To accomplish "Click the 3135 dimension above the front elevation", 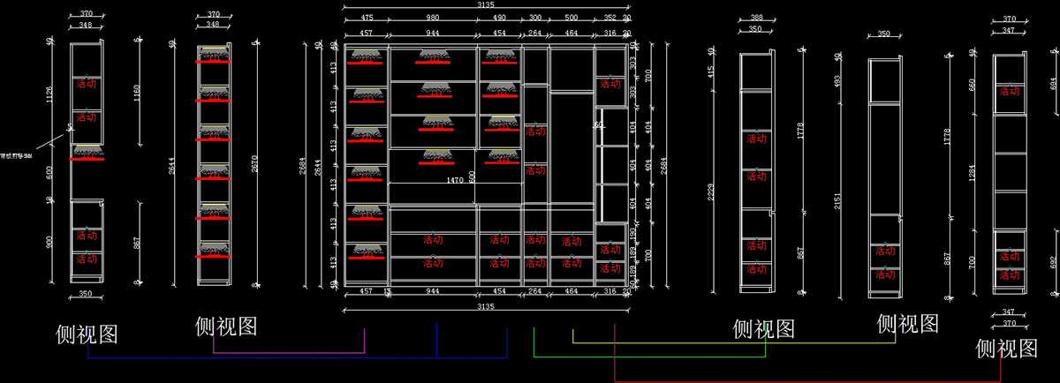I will pyautogui.click(x=486, y=4).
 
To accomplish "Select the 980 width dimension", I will pyautogui.click(x=433, y=17).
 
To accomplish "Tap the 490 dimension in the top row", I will pyautogui.click(x=499, y=17).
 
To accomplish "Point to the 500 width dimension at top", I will pyautogui.click(x=571, y=17).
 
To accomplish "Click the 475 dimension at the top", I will pyautogui.click(x=367, y=17).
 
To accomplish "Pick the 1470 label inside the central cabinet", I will pyautogui.click(x=455, y=180).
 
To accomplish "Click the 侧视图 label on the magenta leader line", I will pyautogui.click(x=226, y=327).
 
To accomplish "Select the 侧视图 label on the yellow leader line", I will pyautogui.click(x=907, y=324).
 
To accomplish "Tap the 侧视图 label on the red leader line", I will pyautogui.click(x=1006, y=349).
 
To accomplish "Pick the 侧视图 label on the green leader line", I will pyautogui.click(x=764, y=329).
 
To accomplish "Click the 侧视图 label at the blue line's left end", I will pyautogui.click(x=87, y=334).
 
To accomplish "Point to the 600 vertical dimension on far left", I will pyautogui.click(x=50, y=173).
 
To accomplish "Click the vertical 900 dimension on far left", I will pyautogui.click(x=50, y=241).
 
